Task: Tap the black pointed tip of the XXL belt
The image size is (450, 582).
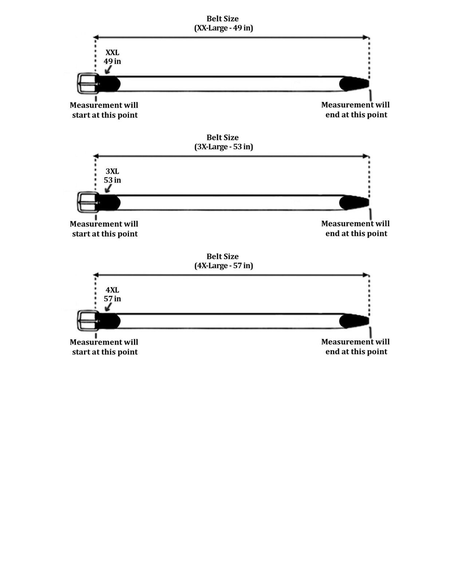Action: click(354, 84)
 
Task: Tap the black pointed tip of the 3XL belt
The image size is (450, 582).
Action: click(354, 203)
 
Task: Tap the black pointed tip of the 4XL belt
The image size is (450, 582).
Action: click(354, 321)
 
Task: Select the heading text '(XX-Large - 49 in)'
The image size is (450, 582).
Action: click(224, 28)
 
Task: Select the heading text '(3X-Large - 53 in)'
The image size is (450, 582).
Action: click(224, 147)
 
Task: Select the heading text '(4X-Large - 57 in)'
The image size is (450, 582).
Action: click(224, 266)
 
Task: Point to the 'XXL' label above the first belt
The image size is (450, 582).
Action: click(112, 52)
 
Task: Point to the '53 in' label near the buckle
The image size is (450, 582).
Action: click(112, 180)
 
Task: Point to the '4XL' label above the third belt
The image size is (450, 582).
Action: click(112, 290)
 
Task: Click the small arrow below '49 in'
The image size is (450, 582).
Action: click(108, 69)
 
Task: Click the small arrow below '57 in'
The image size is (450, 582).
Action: click(108, 307)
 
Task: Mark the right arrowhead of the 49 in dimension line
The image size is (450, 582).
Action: click(366, 37)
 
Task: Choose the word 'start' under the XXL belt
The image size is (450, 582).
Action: click(81, 115)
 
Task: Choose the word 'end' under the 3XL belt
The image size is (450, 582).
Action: click(332, 234)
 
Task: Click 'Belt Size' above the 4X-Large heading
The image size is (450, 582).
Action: click(222, 256)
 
